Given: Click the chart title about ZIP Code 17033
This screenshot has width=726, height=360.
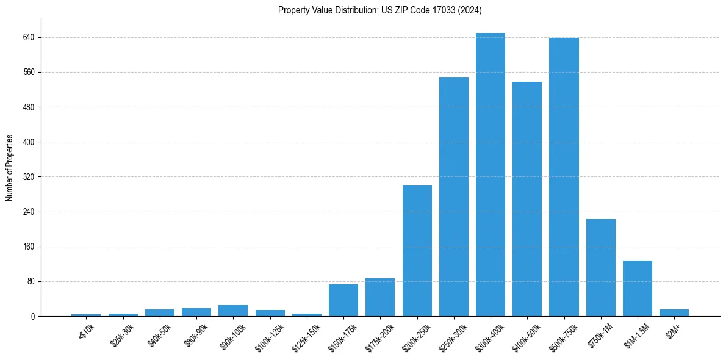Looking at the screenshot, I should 380,10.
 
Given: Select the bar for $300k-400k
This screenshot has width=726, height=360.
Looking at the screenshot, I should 490,175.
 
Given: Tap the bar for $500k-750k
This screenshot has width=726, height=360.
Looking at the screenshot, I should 564,177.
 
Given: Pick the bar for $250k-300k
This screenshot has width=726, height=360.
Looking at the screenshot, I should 453,196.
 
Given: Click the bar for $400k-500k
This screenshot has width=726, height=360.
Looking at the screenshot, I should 527,199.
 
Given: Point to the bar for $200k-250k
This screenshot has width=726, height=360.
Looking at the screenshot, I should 417,251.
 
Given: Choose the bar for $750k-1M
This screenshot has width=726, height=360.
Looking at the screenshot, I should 600,267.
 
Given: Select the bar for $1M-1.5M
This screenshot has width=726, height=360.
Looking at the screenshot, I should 637,288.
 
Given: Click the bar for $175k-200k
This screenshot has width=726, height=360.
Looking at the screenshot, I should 380,297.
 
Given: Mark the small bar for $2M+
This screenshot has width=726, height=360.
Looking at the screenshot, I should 674,312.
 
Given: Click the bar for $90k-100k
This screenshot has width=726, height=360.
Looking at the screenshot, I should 233,311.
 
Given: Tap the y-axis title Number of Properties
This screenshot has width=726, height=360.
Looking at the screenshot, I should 10,168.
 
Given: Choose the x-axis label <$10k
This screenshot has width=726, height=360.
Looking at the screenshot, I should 87,333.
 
